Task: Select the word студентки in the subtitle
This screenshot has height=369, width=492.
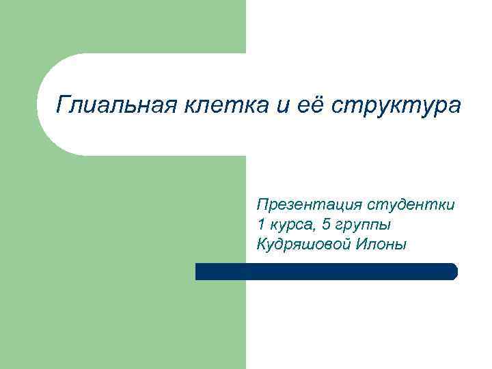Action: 411,204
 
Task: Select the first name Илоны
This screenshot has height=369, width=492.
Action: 380,244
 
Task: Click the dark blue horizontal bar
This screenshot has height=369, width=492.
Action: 326,271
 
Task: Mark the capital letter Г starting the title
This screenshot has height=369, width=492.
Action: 62,105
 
